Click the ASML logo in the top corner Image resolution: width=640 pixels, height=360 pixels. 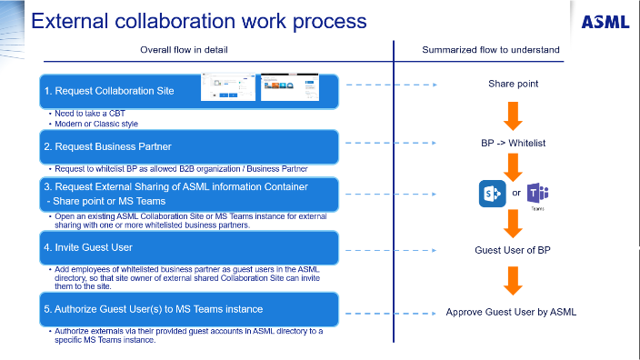606,21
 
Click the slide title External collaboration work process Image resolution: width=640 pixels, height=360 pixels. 199,20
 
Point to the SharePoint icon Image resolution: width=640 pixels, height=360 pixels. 492,194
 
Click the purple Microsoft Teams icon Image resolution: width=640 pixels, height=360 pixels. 537,193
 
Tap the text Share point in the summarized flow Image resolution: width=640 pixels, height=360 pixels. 513,84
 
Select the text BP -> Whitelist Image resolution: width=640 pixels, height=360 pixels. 513,143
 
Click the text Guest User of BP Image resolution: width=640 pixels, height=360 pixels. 513,250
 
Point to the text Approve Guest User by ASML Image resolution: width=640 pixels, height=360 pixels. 511,312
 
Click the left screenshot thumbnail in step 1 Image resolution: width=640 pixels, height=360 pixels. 228,88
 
